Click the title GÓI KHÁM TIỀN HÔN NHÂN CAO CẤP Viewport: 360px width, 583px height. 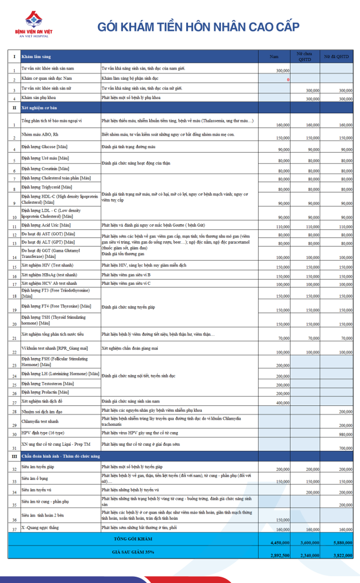tap(198, 27)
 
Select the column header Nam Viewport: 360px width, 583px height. tap(274, 56)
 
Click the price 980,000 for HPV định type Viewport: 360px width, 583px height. tap(345, 434)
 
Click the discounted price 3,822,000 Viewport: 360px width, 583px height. tap(342, 555)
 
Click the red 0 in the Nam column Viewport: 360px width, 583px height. tap(288, 79)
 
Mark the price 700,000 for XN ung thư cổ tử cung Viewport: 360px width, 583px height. tap(345, 449)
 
